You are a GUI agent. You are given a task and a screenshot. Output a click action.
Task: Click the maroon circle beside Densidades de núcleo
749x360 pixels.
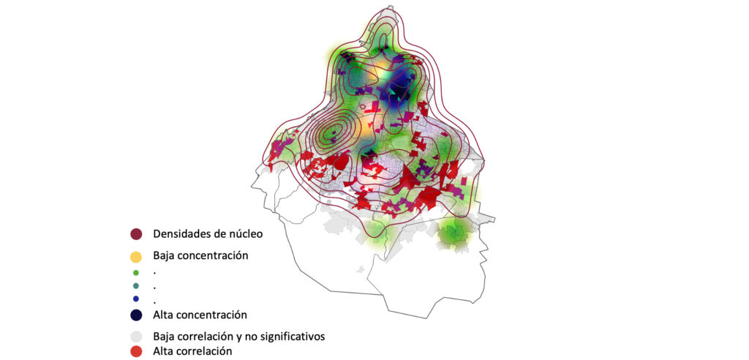(135, 234)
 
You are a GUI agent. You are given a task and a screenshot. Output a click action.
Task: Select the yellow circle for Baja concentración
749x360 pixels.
(135, 257)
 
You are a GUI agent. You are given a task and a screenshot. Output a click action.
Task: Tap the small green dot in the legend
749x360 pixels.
(135, 273)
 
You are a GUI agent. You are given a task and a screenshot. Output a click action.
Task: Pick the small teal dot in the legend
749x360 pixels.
(135, 286)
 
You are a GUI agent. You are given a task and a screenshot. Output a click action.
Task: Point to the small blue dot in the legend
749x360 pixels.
(135, 299)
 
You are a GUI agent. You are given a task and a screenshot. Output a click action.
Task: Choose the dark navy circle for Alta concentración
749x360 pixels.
(135, 315)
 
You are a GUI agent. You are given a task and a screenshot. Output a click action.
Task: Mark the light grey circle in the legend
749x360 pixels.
(135, 337)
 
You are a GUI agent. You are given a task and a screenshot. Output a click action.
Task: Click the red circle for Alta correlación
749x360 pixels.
(135, 351)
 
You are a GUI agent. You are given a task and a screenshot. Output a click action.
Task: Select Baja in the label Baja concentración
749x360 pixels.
(163, 256)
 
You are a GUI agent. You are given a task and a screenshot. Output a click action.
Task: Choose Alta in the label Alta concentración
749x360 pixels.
(163, 315)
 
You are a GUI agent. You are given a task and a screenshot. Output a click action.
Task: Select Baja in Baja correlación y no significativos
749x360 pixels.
(163, 337)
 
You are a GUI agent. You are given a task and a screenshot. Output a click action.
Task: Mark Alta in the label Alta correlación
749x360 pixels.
(163, 351)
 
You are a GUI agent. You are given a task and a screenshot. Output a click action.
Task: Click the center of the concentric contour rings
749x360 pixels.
(333, 133)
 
